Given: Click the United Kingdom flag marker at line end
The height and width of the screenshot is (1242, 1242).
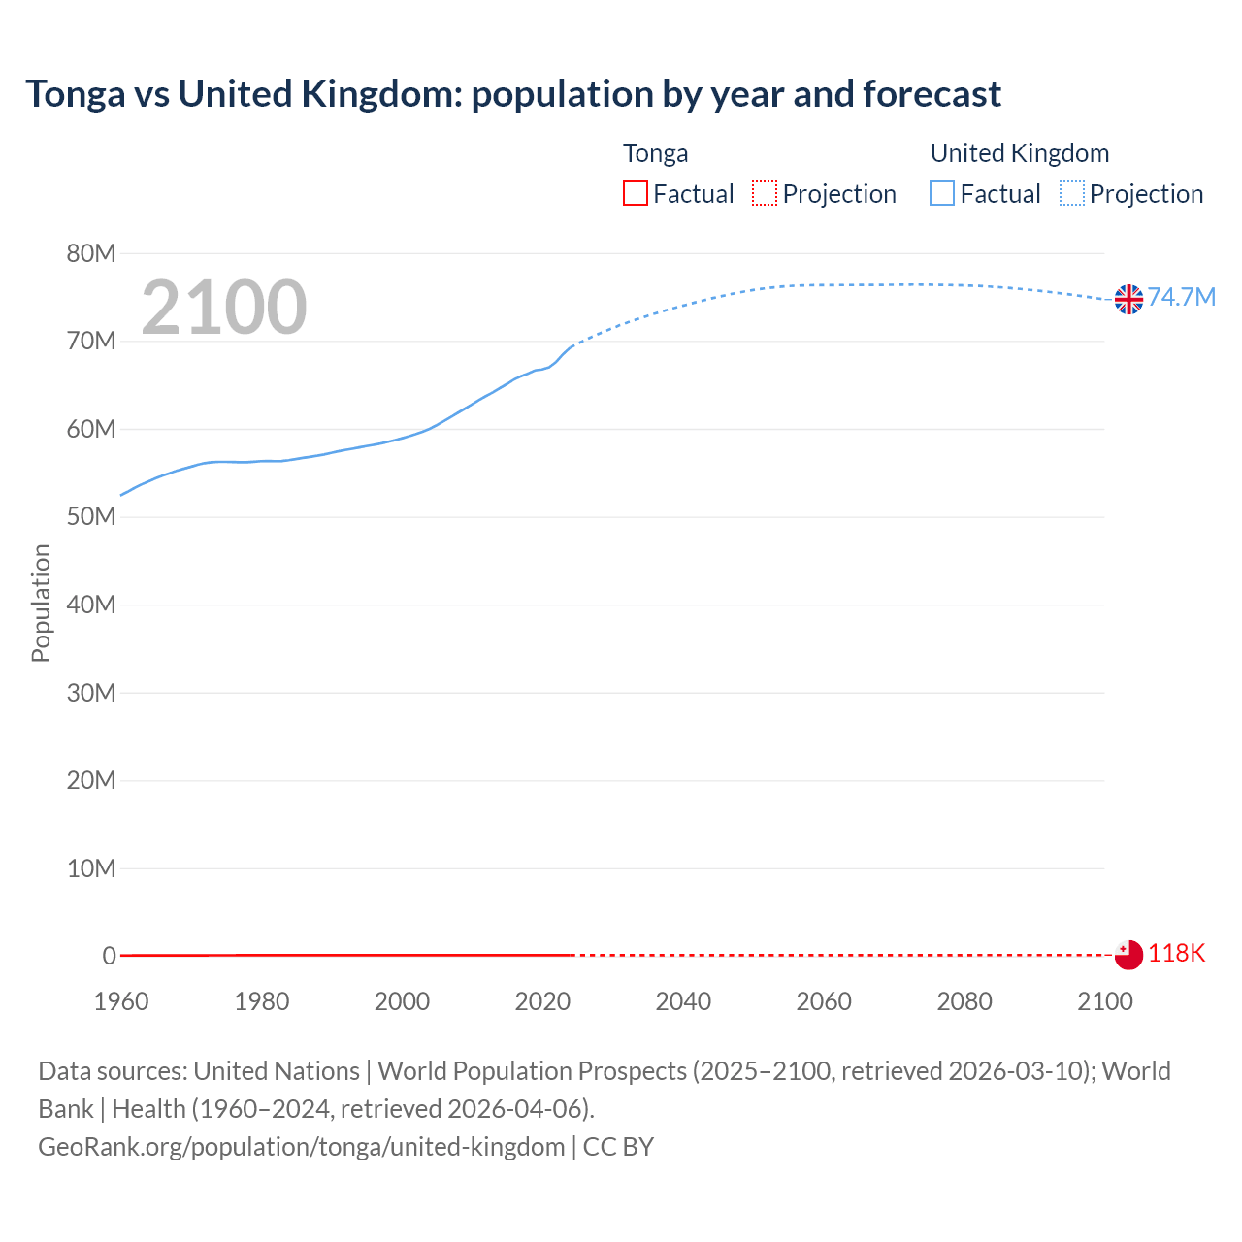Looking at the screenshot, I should [x=1128, y=299].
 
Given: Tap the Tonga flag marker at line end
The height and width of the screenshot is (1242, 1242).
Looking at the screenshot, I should [x=1128, y=955].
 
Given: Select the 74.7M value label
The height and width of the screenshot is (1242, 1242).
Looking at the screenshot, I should [x=1182, y=297].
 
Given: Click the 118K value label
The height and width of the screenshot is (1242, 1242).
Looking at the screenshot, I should [x=1176, y=953].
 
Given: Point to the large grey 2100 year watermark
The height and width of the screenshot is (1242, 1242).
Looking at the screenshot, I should [x=224, y=308].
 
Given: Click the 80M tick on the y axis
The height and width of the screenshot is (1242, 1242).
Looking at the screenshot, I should [x=91, y=253].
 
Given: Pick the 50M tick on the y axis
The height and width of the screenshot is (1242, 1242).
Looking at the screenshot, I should [x=91, y=516].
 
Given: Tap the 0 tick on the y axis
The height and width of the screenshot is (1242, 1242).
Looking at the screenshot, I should [x=109, y=956].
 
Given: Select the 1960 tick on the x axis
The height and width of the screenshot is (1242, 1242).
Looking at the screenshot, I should [x=121, y=1001].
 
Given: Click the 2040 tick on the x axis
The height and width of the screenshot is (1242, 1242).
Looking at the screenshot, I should [x=683, y=1001].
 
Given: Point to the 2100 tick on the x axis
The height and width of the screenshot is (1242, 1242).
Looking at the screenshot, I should [x=1104, y=1001].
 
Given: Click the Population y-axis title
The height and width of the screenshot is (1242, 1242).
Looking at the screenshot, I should [x=41, y=603].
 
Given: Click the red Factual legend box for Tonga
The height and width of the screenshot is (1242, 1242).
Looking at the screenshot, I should [x=636, y=194].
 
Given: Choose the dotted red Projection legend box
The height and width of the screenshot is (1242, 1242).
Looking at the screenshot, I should [x=765, y=194].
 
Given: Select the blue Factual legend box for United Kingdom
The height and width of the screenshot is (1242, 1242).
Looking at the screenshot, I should [x=942, y=194].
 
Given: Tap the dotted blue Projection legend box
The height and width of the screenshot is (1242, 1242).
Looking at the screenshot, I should [x=1072, y=194].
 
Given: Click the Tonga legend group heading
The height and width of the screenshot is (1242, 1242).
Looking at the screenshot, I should [x=656, y=153].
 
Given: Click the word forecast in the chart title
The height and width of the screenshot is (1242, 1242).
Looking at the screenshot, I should [x=931, y=94].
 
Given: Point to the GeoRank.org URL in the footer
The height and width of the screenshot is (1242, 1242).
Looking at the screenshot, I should [x=302, y=1146].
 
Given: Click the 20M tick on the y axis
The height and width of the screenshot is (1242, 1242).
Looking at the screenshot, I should [x=91, y=780].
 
